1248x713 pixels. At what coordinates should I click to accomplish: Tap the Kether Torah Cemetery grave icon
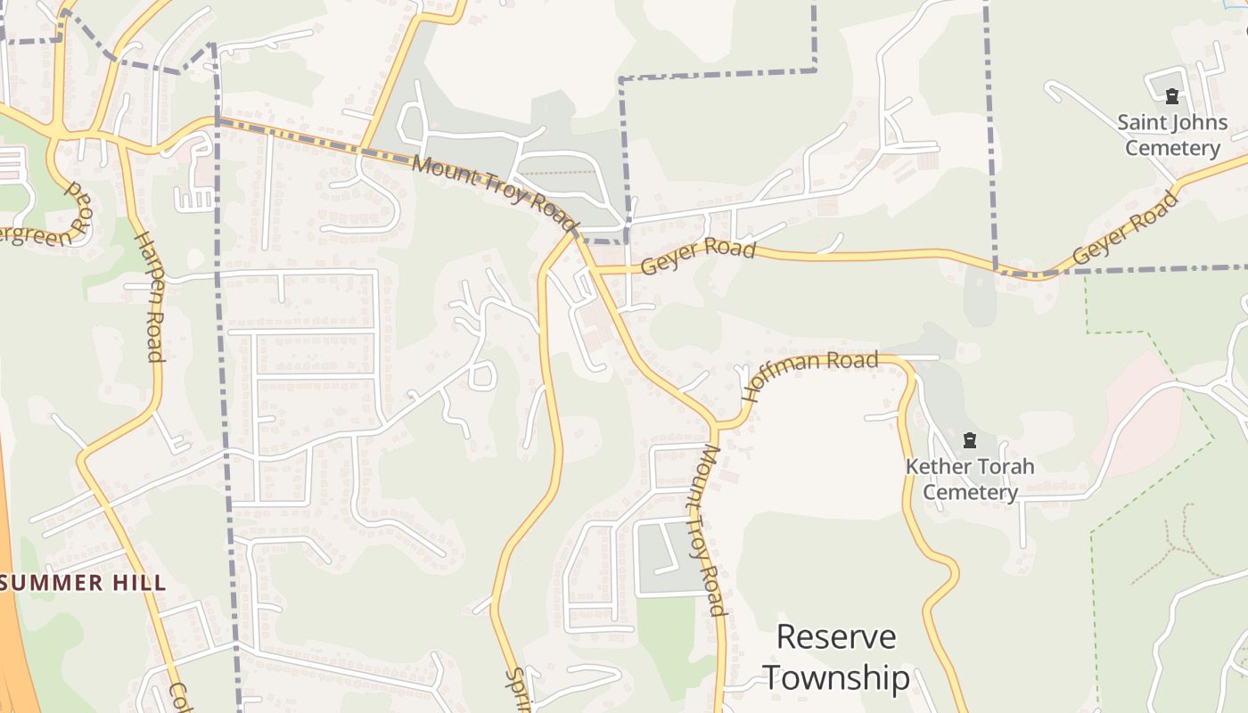click(970, 440)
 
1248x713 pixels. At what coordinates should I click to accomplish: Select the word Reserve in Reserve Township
click(836, 638)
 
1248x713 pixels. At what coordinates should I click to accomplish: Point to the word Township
click(836, 677)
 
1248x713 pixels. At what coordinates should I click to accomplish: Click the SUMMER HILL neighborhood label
click(84, 584)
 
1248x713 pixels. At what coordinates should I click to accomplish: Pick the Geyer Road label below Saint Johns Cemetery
click(1127, 228)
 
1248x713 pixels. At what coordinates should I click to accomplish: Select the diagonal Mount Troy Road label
click(496, 193)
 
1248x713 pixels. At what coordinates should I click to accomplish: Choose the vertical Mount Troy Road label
click(710, 530)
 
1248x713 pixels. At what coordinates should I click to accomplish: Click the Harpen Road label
click(149, 297)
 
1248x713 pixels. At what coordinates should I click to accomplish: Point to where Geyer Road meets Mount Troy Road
click(595, 267)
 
